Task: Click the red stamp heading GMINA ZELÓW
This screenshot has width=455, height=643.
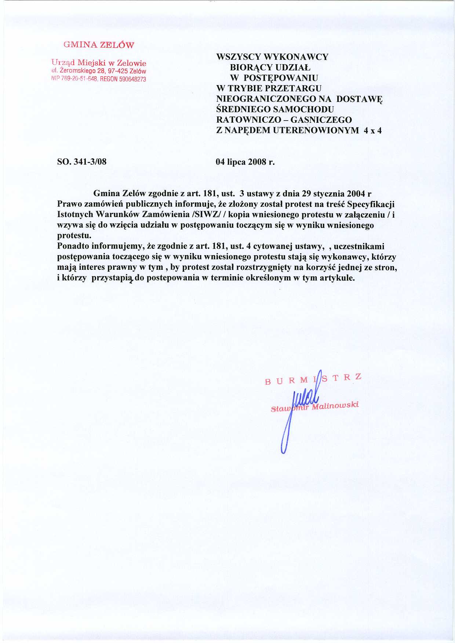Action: click(99, 45)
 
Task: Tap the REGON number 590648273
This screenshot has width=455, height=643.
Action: click(132, 79)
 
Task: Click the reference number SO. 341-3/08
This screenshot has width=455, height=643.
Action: click(82, 162)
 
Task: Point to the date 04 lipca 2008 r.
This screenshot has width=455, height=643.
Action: click(245, 162)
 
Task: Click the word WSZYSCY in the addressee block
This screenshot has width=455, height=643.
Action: click(239, 57)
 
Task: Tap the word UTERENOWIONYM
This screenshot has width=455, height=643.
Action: click(316, 131)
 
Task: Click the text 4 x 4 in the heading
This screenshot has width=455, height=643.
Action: click(373, 131)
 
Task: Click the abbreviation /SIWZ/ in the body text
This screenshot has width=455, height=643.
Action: click(209, 215)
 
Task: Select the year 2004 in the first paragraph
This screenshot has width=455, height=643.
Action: click(356, 194)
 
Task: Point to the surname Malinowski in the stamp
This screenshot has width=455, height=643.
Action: click(335, 406)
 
